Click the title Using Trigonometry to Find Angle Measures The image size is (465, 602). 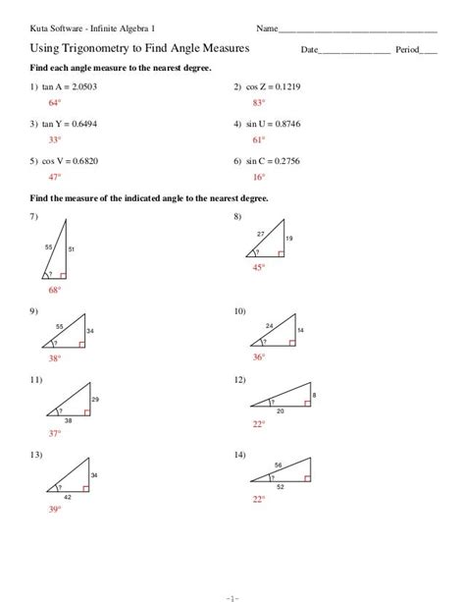(x=138, y=47)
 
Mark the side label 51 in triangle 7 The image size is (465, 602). (x=72, y=250)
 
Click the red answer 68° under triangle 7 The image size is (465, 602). (x=54, y=291)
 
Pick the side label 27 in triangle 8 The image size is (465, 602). (x=260, y=233)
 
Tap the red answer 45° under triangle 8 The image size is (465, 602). (x=258, y=266)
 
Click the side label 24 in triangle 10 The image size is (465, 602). (x=269, y=325)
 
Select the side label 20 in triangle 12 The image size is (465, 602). (x=281, y=410)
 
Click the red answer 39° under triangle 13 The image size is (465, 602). (x=54, y=510)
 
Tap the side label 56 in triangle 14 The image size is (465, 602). (x=279, y=465)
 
